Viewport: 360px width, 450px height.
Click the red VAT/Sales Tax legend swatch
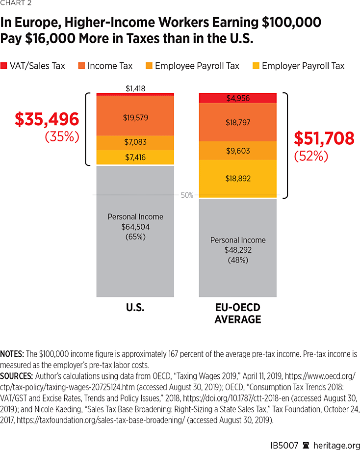[x=4, y=66]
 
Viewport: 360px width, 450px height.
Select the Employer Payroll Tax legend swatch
[x=255, y=66]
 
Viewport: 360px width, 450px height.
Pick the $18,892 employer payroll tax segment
[x=238, y=179]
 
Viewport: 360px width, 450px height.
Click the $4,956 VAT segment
[x=238, y=98]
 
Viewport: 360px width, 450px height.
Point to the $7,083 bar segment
[x=135, y=142]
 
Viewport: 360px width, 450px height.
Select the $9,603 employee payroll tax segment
[x=238, y=151]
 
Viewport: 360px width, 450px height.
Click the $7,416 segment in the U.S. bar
[x=135, y=157]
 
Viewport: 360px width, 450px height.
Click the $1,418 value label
[x=135, y=88]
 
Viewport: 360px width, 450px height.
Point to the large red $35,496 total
[x=47, y=119]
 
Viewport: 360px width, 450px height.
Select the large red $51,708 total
[x=324, y=138]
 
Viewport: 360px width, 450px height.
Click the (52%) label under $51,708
[x=311, y=156]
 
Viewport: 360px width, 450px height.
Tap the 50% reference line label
[x=187, y=195]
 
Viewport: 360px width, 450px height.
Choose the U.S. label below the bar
[x=135, y=308]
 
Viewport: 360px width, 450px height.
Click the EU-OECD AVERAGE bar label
[x=238, y=313]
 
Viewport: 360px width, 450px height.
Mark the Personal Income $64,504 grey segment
[x=135, y=231]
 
